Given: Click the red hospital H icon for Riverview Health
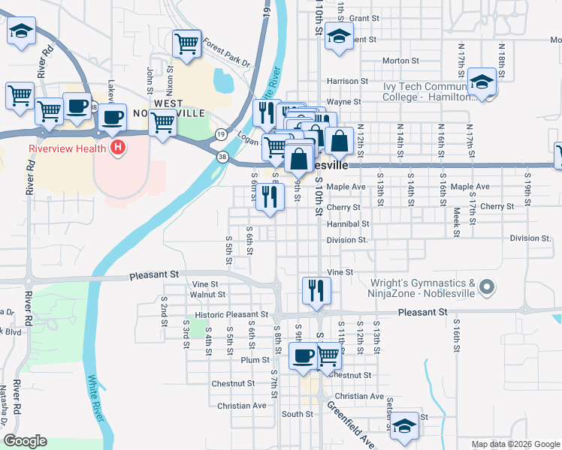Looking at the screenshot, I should point(117,148).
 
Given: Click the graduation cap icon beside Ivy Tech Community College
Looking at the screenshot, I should point(480,82).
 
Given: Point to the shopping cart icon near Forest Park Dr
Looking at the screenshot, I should point(186,43).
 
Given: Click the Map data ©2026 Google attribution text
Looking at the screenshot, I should point(515,444).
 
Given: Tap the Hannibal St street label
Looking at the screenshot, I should point(348,223).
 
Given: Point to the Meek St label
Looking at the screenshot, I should point(457,223).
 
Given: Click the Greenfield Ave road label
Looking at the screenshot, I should point(350,424).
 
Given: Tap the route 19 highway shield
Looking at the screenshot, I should point(220,134).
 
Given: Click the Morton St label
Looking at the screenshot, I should point(400,61).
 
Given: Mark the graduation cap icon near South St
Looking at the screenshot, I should point(404,424).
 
